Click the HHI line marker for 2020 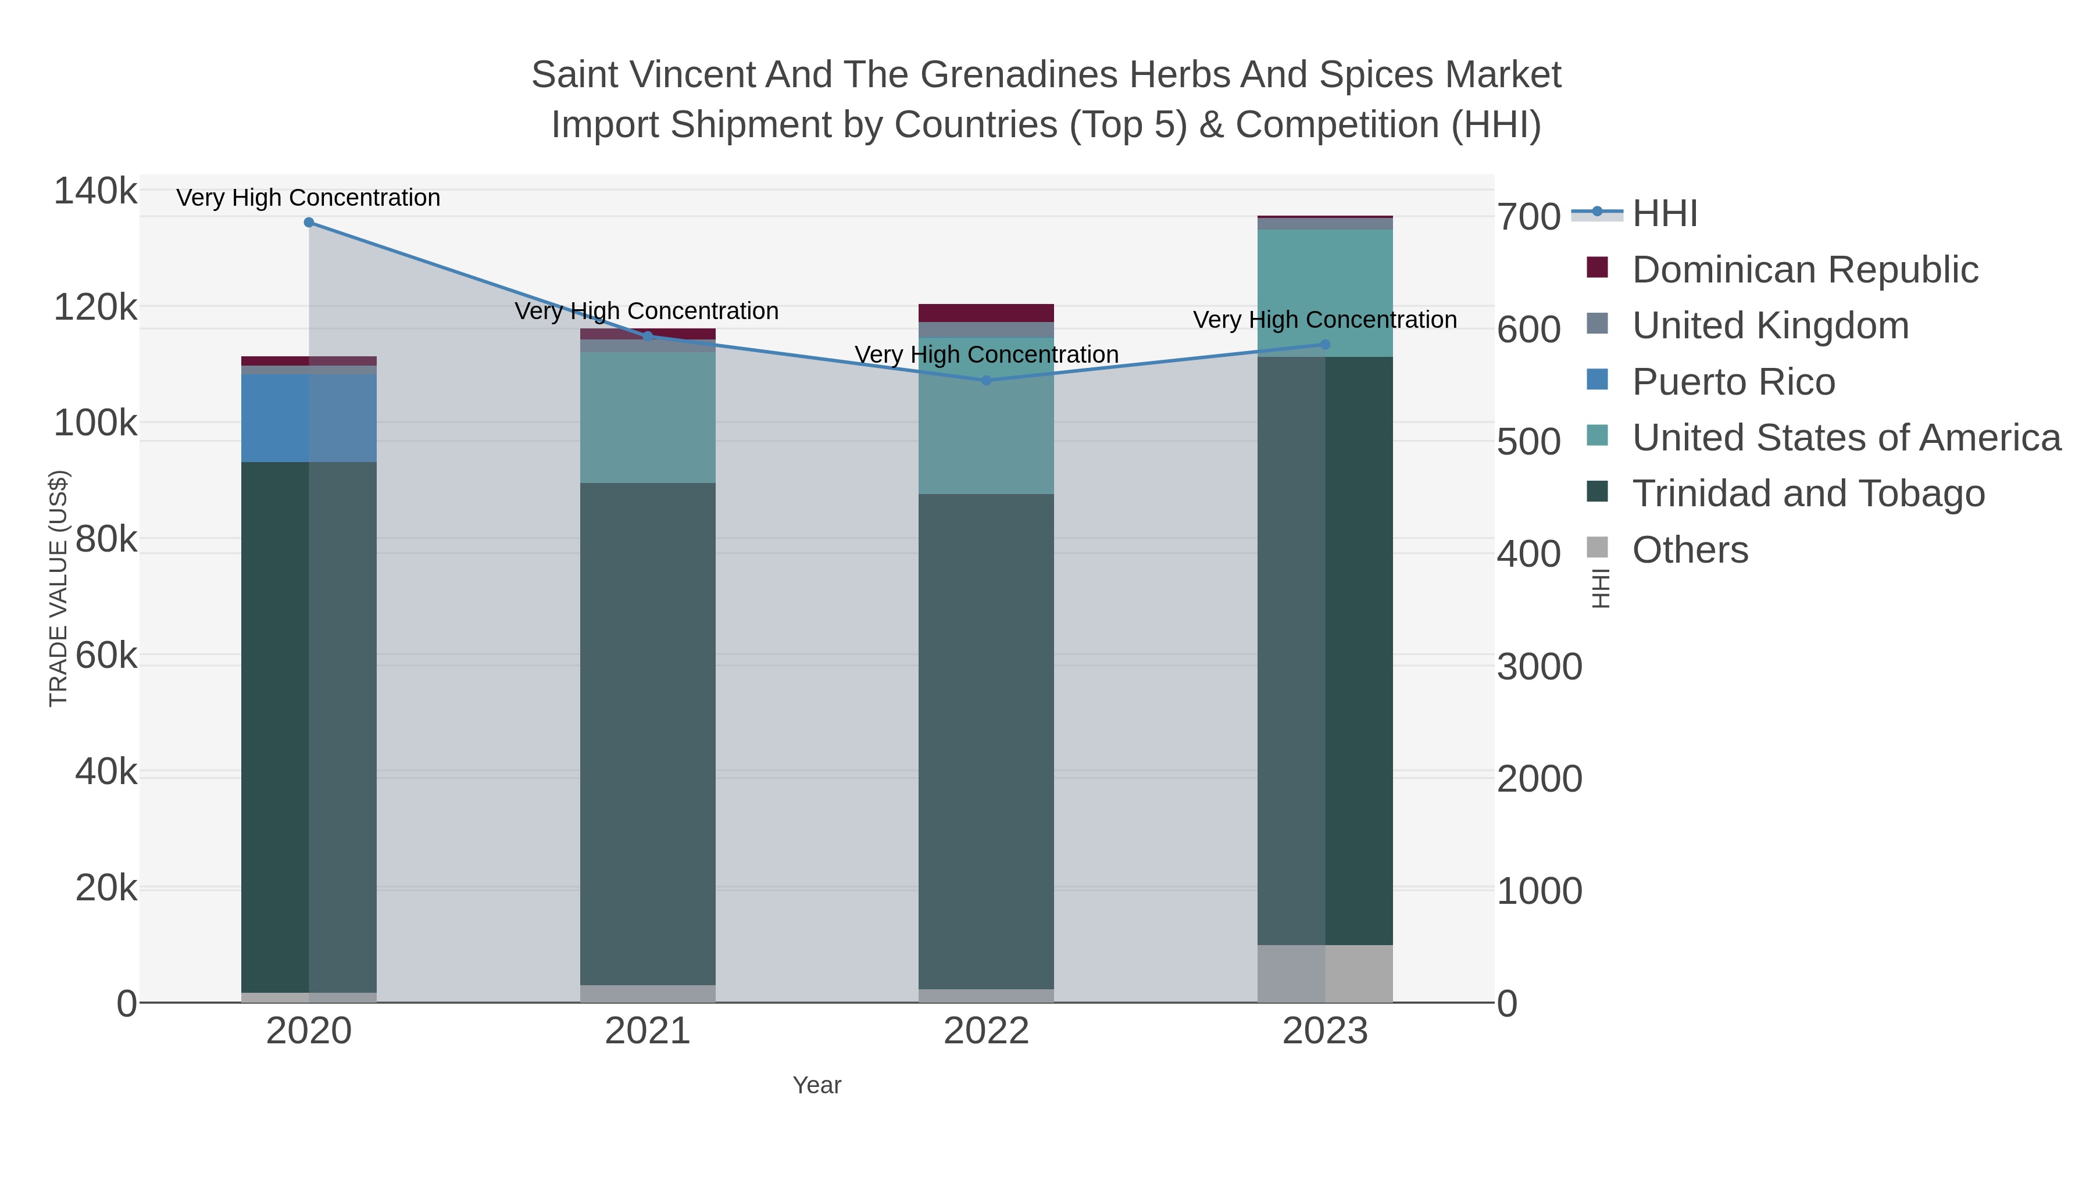309,223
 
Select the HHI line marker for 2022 987,380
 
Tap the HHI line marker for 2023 1325,345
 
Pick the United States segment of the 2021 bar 648,417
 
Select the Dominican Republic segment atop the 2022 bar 987,313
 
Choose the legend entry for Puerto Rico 1733,382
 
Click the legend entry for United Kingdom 1770,325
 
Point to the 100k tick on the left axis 95,423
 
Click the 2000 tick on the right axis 1539,779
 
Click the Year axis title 817,1085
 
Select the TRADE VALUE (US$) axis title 59,588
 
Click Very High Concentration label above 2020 309,198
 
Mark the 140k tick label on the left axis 95,192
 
